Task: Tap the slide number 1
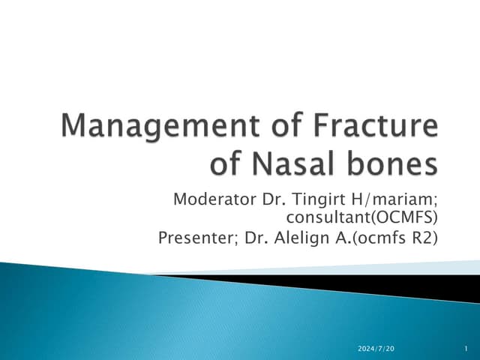coord(465,349)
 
